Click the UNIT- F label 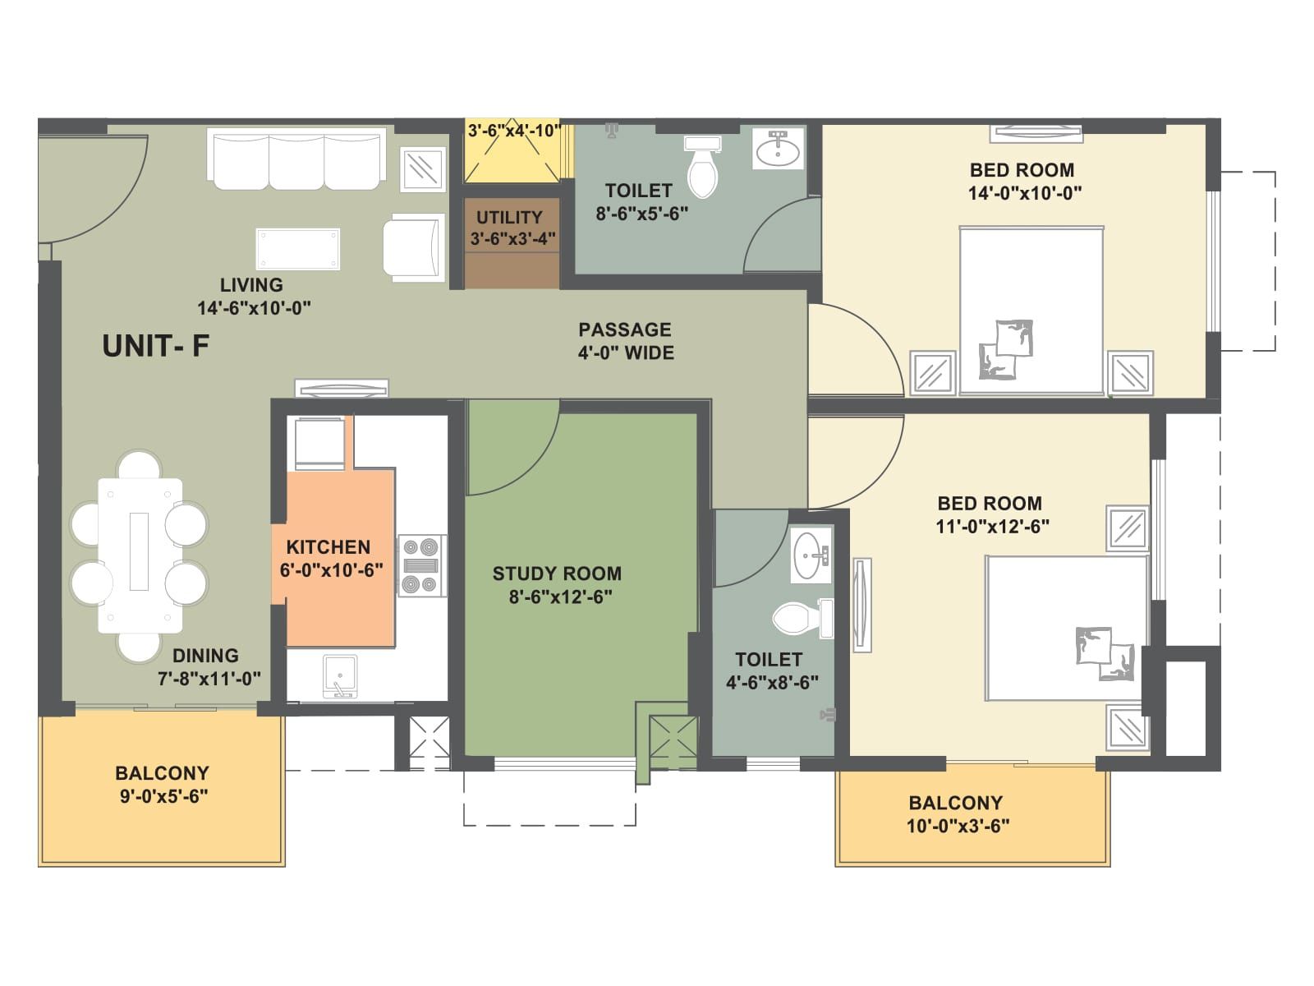point(155,346)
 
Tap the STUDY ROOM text point(557,574)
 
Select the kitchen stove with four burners point(422,565)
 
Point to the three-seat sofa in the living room point(296,159)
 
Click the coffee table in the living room point(297,249)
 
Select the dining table point(140,555)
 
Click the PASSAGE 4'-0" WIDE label point(626,341)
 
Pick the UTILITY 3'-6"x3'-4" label point(511,228)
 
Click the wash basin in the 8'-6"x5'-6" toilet point(777,150)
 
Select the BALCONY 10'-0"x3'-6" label point(957,814)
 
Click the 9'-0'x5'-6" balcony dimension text point(163,795)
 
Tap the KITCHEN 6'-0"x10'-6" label point(330,558)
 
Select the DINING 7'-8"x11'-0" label point(208,666)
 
